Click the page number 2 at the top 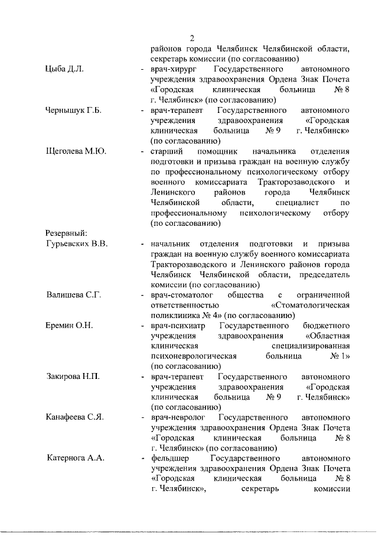pyautogui.click(x=192, y=37)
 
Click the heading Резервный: pyautogui.click(x=67, y=234)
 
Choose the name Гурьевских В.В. pyautogui.click(x=76, y=244)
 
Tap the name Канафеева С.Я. pyautogui.click(x=75, y=417)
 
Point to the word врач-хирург pyautogui.click(x=174, y=69)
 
